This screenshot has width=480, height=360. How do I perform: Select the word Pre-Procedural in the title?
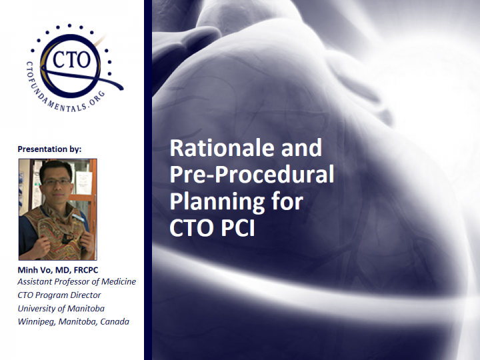point(251,174)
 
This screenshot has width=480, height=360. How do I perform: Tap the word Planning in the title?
point(217,202)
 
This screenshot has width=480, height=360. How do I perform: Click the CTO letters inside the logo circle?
point(71,59)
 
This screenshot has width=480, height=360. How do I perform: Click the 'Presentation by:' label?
point(49,149)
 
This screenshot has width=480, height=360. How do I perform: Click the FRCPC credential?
point(86,270)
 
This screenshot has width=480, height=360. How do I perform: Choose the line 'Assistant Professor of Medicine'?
point(77,281)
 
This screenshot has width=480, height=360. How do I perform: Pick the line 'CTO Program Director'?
point(59,295)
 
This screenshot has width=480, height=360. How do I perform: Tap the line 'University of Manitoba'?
point(61,309)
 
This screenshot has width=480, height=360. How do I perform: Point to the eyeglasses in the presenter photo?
point(57,181)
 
